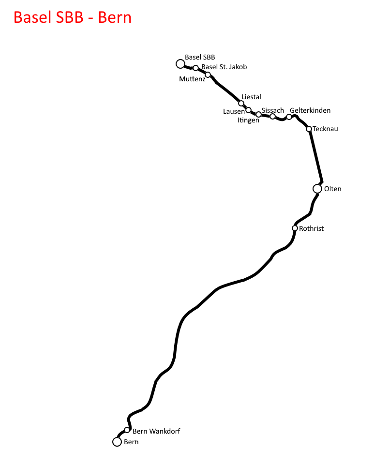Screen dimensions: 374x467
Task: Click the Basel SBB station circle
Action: click(x=180, y=64)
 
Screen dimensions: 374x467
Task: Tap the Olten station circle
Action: click(x=317, y=189)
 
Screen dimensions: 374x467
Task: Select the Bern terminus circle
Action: click(x=117, y=442)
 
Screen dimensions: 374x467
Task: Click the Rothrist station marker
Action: click(x=295, y=228)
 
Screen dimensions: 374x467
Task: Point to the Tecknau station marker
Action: click(x=309, y=129)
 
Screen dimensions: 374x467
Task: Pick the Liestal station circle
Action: click(x=241, y=104)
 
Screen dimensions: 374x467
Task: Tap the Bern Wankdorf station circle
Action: click(x=127, y=430)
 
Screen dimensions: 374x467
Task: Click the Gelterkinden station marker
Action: click(x=289, y=117)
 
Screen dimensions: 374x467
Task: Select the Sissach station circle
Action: click(x=272, y=116)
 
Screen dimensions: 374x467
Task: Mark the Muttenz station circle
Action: click(x=208, y=75)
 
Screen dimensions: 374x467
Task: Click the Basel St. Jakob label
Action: click(x=224, y=67)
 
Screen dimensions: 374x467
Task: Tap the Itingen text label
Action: click(x=248, y=121)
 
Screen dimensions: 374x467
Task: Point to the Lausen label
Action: click(x=234, y=111)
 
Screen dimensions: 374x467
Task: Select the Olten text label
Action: click(x=332, y=189)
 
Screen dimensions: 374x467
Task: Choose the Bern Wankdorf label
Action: click(x=156, y=431)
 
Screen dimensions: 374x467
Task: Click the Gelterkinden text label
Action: click(x=310, y=110)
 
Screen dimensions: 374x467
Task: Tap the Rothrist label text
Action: click(x=311, y=228)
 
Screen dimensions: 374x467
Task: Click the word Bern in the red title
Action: click(x=115, y=17)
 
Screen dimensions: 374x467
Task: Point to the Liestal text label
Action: click(x=251, y=97)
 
